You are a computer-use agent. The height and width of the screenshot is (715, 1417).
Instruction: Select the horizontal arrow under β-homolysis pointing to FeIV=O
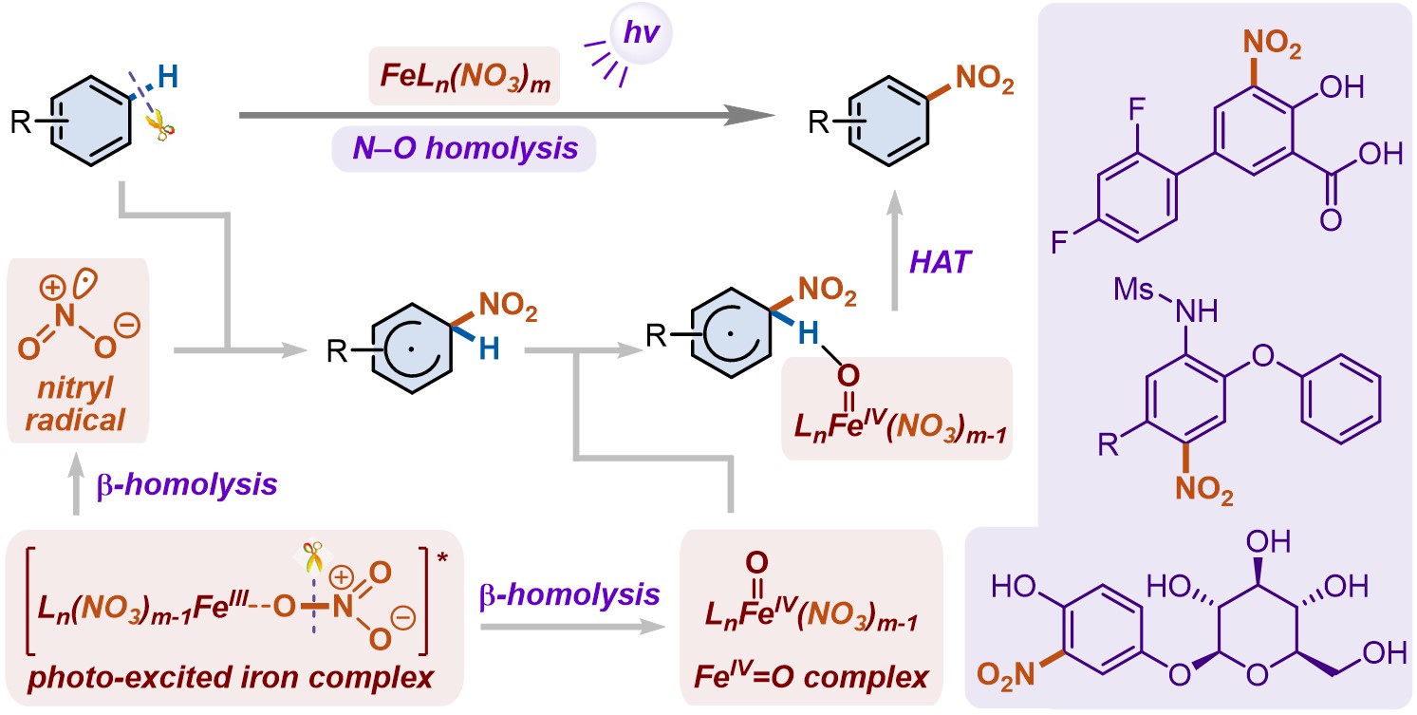coord(569,628)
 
